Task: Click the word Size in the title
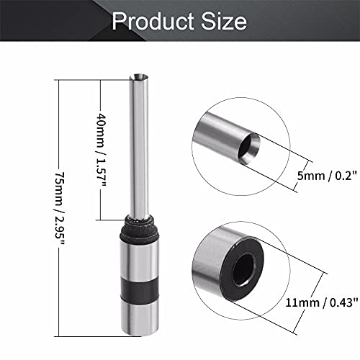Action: pos(226,22)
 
